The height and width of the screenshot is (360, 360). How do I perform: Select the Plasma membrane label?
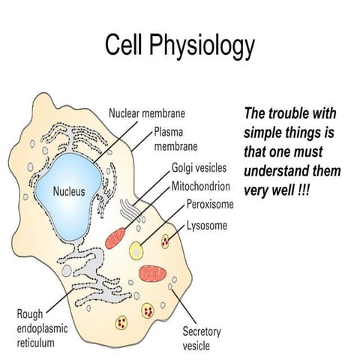[175, 139]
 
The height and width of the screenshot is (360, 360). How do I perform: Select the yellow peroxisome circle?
[136, 250]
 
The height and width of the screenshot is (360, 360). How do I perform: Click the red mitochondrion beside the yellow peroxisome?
[115, 238]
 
